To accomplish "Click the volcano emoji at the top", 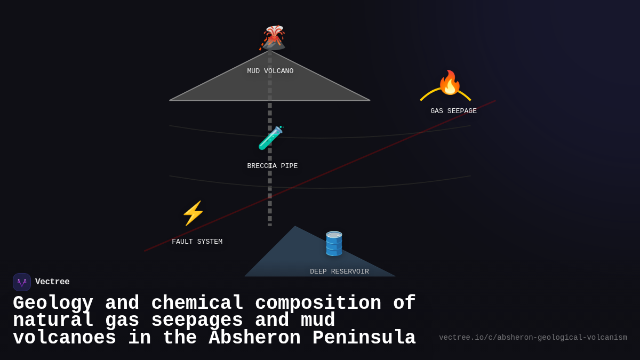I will [x=274, y=37].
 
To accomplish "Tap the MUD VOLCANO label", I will [x=270, y=71].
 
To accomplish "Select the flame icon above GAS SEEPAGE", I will [x=449, y=83].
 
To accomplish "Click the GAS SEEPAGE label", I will [x=453, y=111].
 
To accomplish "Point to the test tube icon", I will [x=270, y=138].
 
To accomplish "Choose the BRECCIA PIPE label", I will [x=272, y=166].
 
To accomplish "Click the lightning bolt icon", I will [x=193, y=213].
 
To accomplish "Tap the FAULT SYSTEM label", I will [x=197, y=242].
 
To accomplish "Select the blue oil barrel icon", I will [x=334, y=244].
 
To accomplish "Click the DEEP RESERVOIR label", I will [x=339, y=271].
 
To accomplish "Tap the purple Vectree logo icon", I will [x=22, y=282].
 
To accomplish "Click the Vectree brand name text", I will [x=52, y=282].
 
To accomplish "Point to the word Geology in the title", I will [x=53, y=303].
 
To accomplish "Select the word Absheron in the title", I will [x=254, y=338].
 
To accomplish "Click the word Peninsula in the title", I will [x=364, y=338].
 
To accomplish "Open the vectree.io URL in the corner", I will [x=533, y=338].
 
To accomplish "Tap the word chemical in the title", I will [x=197, y=303].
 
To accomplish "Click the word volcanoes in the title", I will [x=64, y=338].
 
